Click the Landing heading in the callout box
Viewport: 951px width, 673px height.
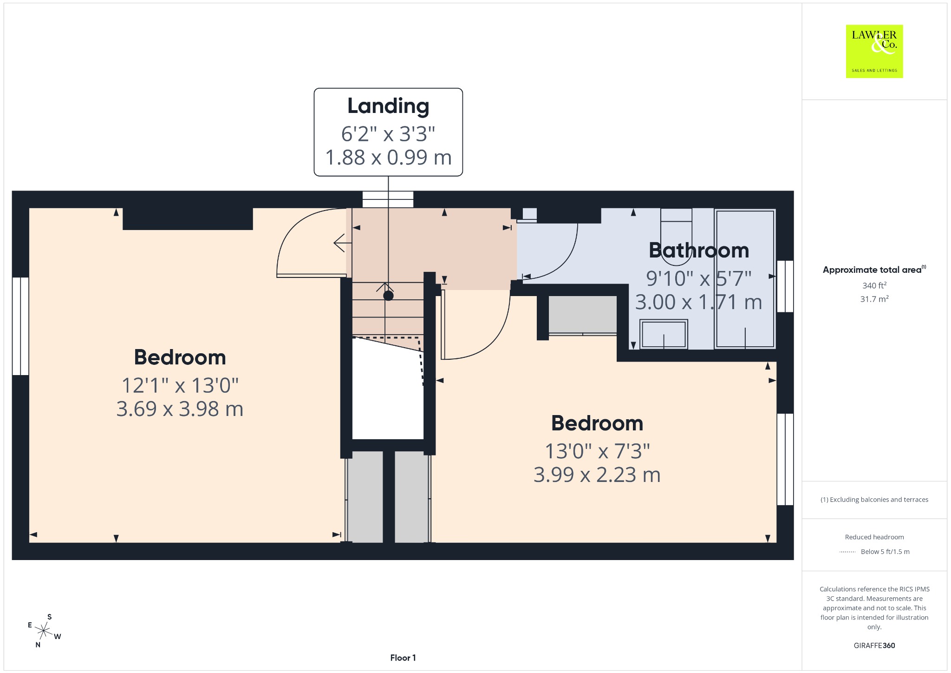pyautogui.click(x=388, y=106)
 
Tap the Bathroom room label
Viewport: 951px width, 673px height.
pyautogui.click(x=699, y=251)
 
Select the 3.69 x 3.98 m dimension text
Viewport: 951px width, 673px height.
pyautogui.click(x=180, y=409)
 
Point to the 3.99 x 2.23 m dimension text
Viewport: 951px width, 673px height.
pyautogui.click(x=597, y=475)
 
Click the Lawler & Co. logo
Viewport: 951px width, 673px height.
pyautogui.click(x=874, y=51)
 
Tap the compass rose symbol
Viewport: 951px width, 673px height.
pyautogui.click(x=44, y=631)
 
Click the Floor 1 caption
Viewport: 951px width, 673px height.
pyautogui.click(x=403, y=658)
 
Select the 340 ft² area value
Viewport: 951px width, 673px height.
pyautogui.click(x=874, y=285)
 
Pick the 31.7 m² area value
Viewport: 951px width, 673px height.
pyautogui.click(x=874, y=299)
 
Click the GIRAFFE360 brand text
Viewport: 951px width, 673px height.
pyautogui.click(x=874, y=645)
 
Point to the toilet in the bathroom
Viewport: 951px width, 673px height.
pyautogui.click(x=676, y=230)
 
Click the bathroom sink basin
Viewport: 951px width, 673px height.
pyautogui.click(x=664, y=334)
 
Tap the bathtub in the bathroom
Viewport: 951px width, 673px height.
pyautogui.click(x=745, y=279)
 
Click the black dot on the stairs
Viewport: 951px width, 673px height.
pyautogui.click(x=389, y=296)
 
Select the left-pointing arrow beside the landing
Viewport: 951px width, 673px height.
pyautogui.click(x=342, y=243)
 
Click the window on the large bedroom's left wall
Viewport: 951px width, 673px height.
pyautogui.click(x=20, y=326)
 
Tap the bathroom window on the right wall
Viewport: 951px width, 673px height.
pyautogui.click(x=785, y=286)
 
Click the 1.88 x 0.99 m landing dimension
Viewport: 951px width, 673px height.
pyautogui.click(x=388, y=158)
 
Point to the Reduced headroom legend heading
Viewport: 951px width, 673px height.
pyautogui.click(x=874, y=537)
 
